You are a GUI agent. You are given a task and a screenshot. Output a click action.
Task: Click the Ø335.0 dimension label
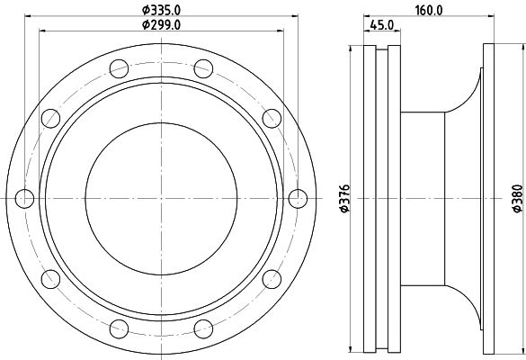[x=161, y=10]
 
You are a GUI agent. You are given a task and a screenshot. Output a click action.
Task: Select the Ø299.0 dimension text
[x=161, y=25]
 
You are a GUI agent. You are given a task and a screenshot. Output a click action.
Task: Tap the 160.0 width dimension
[x=429, y=10]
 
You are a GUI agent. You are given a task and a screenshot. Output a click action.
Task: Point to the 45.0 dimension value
[x=382, y=25]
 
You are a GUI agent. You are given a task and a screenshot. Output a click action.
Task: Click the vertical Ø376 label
[x=345, y=198]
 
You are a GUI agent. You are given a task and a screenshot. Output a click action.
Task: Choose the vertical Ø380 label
[x=518, y=198]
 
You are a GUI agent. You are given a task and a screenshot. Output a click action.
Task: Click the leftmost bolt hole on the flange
[x=24, y=199]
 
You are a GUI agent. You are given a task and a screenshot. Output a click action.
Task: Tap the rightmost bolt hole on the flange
[x=298, y=199]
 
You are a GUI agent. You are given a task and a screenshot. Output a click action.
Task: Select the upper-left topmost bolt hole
[x=119, y=68]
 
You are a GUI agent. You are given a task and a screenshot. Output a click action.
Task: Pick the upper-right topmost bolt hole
[x=203, y=68]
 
